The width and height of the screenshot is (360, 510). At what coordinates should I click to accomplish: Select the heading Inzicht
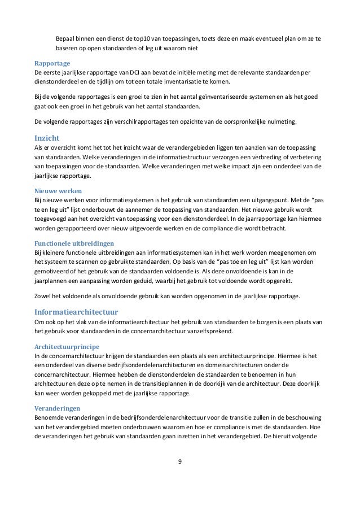click(48, 137)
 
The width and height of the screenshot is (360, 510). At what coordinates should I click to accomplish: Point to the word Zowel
click(43, 295)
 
